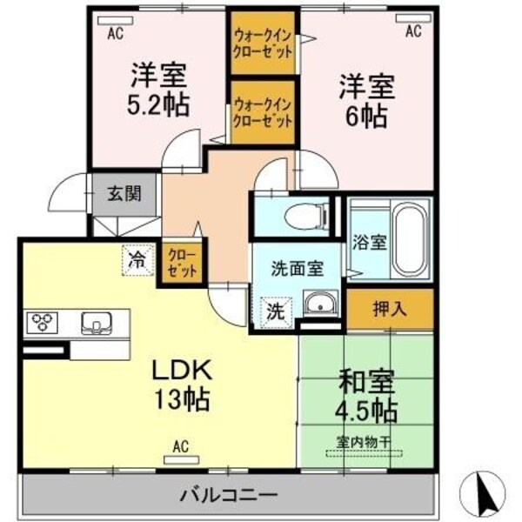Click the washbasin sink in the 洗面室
[x=319, y=305]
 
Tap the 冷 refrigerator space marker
[x=137, y=258]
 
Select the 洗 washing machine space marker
[x=273, y=310]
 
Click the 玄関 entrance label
[x=124, y=194]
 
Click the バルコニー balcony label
[x=230, y=496]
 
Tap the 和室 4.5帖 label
[x=366, y=394]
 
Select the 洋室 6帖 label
[x=366, y=101]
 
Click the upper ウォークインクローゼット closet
[x=263, y=43]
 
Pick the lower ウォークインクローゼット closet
[x=263, y=112]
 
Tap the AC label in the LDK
[x=181, y=446]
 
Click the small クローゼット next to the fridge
[x=183, y=264]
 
